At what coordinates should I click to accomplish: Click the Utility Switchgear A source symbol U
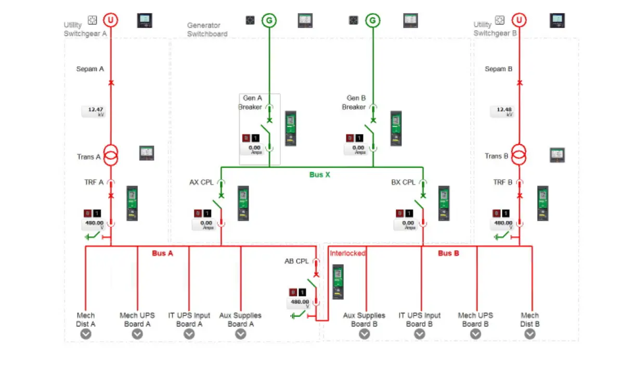pos(110,20)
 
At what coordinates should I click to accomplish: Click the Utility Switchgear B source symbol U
pos(519,20)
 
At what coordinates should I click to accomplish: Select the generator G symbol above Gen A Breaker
pos(269,20)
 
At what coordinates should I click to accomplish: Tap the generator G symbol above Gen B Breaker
pos(372,20)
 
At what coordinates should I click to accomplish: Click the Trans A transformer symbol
pos(110,155)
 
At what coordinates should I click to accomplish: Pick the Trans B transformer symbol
pos(519,155)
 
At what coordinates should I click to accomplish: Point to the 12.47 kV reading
pos(94,111)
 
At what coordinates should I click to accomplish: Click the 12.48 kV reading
pos(503,111)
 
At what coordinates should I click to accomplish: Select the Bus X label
pos(319,175)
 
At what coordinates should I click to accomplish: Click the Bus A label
pos(162,253)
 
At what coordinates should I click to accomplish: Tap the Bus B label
pos(448,253)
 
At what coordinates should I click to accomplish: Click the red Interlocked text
pos(347,253)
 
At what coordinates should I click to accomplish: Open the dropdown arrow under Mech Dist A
pos(86,334)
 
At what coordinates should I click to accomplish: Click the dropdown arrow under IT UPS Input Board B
pos(420,334)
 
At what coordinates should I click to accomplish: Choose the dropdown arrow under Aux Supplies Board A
pos(240,334)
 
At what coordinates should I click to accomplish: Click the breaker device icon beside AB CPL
pos(338,281)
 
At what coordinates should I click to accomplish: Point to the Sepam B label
pos(498,69)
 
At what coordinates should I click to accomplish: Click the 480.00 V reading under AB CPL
pos(299,303)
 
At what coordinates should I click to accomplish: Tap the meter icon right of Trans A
pos(147,153)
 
